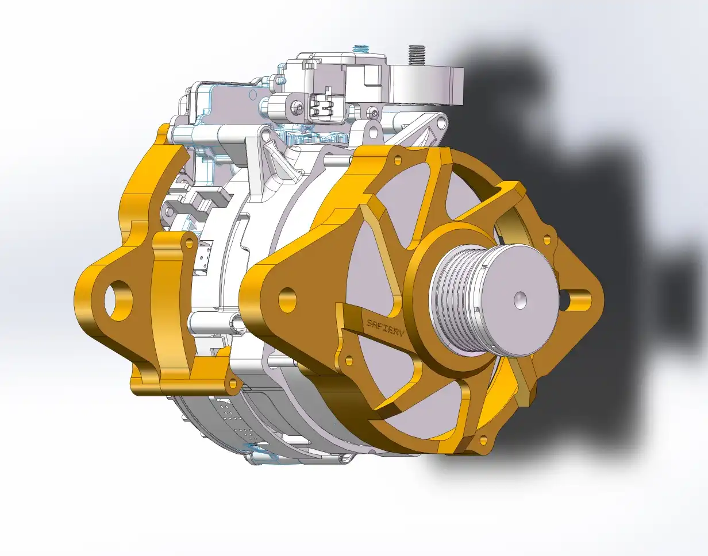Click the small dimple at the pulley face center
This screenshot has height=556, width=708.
[x=520, y=299]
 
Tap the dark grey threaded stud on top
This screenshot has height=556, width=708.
[x=414, y=56]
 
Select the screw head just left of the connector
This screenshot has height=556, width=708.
[x=298, y=107]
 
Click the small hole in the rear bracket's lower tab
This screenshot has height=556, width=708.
[x=231, y=383]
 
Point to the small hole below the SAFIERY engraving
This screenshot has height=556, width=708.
[x=347, y=360]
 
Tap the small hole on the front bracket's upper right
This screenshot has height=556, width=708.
[x=547, y=235]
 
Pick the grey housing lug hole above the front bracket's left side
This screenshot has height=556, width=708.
[x=266, y=136]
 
